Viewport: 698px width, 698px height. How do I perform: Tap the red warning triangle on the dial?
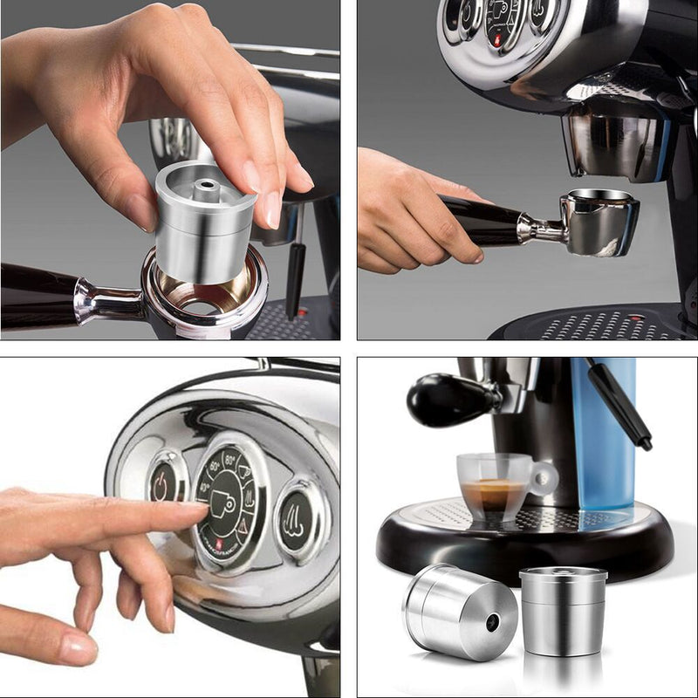pos(242,530)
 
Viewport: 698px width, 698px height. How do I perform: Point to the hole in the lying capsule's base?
pos(494,622)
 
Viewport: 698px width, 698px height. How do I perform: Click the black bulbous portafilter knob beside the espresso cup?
pos(441,400)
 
